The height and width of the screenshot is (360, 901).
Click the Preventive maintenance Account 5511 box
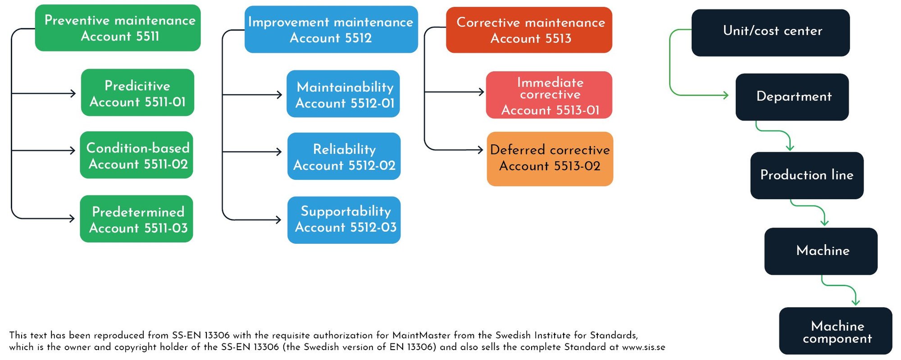pos(118,28)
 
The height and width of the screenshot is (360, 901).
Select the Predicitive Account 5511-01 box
pos(137,93)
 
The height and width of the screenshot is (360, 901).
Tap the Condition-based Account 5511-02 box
pos(137,155)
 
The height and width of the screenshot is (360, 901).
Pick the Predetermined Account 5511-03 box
pos(137,219)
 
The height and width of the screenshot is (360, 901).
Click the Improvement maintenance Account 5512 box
pos(331,30)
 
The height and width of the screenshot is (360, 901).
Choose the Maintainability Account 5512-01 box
pos(343,94)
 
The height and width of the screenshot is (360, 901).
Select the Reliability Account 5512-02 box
pos(344,156)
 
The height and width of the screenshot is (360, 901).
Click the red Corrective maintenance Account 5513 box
pos(529,30)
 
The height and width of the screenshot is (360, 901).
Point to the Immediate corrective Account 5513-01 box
pos(549,95)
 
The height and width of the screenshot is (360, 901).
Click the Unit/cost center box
pos(770,33)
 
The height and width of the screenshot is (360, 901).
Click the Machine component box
pos(836,331)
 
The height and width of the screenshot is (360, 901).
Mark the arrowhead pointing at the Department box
pos(726,95)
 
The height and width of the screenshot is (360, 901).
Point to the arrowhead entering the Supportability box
pos(279,220)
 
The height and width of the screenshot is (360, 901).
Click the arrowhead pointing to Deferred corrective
pos(481,150)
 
